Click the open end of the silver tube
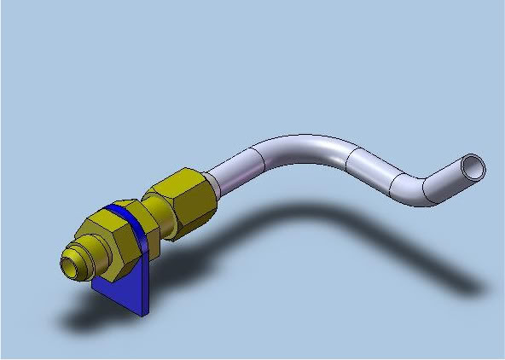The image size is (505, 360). pyautogui.click(x=473, y=165)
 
